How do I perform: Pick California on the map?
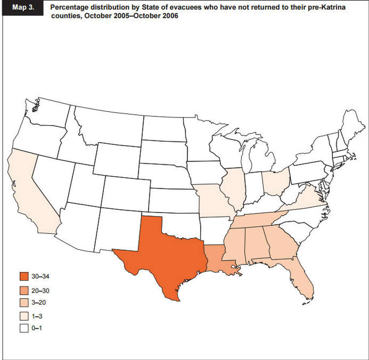pyautogui.click(x=28, y=193)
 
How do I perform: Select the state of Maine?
pyautogui.click(x=351, y=122)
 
